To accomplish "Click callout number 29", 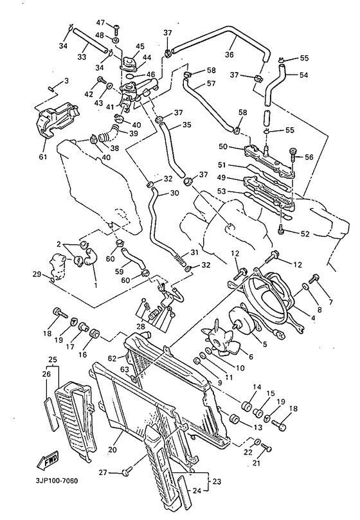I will [37, 274].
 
